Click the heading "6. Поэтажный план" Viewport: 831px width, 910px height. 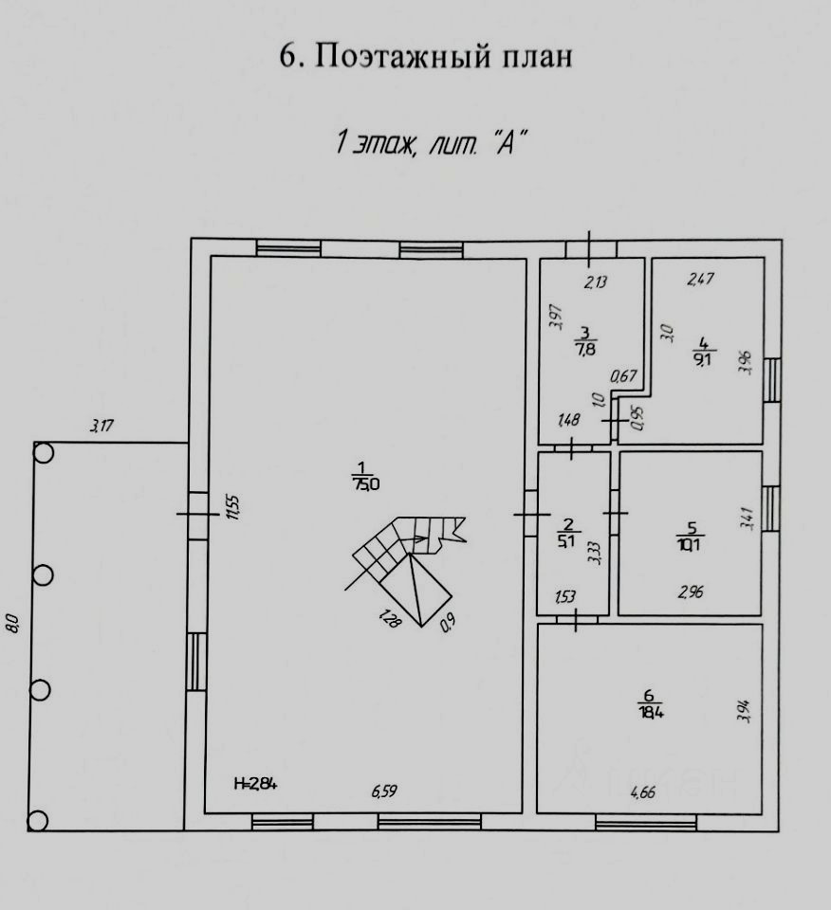[426, 56]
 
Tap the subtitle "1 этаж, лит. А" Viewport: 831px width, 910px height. [430, 143]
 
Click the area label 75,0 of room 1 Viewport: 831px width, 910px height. [366, 483]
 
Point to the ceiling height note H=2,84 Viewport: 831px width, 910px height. [255, 783]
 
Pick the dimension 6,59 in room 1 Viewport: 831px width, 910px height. [385, 792]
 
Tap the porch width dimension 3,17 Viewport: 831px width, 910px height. [102, 427]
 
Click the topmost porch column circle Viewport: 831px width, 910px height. [43, 453]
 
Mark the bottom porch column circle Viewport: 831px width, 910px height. [39, 821]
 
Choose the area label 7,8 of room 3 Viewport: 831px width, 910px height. [584, 349]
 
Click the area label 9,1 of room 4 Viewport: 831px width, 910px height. [703, 358]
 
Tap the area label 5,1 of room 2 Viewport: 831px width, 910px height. [567, 542]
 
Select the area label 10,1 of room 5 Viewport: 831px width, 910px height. [691, 543]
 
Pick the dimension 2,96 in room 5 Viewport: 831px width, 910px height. [691, 593]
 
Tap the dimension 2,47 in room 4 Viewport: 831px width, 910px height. [700, 279]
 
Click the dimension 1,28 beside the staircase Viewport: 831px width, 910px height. [388, 620]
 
